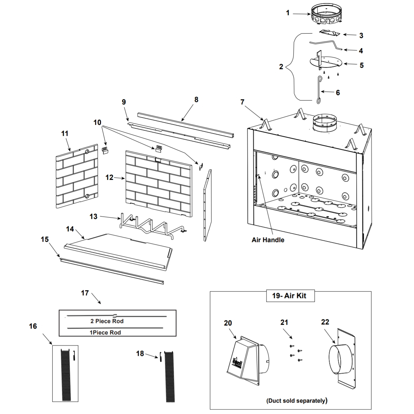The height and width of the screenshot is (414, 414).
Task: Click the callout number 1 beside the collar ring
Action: [x=287, y=13]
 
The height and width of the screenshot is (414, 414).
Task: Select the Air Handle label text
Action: [x=268, y=240]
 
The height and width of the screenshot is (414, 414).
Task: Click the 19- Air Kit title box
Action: [x=289, y=296]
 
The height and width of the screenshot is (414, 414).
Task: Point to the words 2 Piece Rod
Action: [x=107, y=321]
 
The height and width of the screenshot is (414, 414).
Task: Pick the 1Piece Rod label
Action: [x=105, y=332]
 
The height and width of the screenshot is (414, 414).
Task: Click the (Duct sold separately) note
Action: [x=297, y=401]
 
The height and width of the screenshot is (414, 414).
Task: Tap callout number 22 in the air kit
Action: [x=325, y=322]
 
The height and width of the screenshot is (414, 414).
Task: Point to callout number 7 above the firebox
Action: [x=242, y=102]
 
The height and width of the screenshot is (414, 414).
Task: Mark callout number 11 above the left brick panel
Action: [x=65, y=134]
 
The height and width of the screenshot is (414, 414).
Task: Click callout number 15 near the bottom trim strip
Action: [x=45, y=239]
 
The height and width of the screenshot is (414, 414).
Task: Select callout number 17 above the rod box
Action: [x=85, y=293]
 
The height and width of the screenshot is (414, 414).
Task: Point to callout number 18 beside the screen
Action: [x=140, y=353]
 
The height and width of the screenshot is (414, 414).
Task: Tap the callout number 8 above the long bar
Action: [x=196, y=100]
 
